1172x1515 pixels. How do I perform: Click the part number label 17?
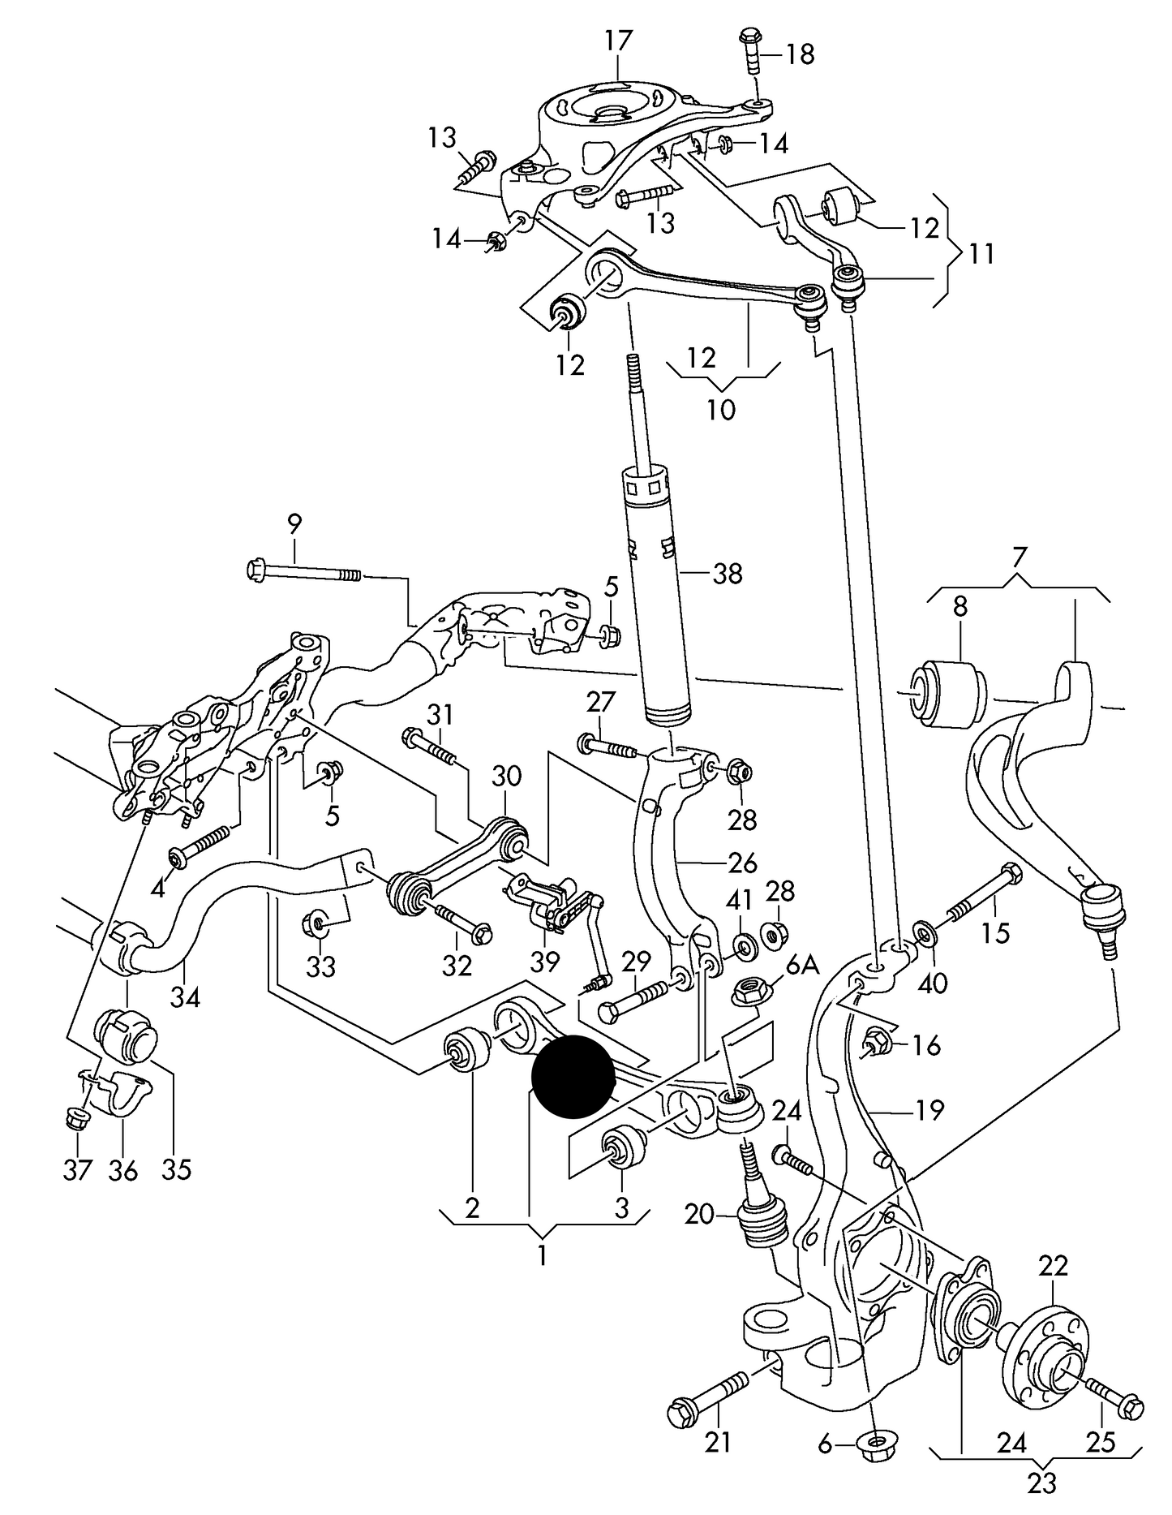click(618, 40)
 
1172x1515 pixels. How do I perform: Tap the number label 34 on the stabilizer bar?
click(185, 997)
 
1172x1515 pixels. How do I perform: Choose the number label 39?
click(545, 962)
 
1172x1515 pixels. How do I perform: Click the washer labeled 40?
click(924, 933)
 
